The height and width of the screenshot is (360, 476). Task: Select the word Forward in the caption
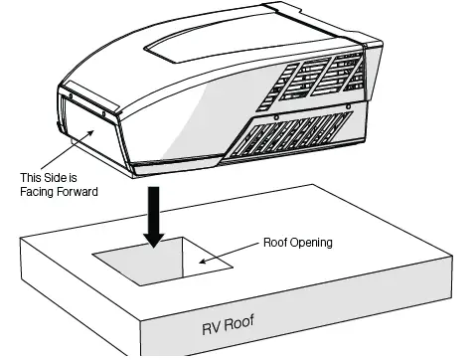click(78, 192)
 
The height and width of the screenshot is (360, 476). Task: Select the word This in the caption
click(30, 178)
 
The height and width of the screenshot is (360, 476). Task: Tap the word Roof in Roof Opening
click(274, 242)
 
